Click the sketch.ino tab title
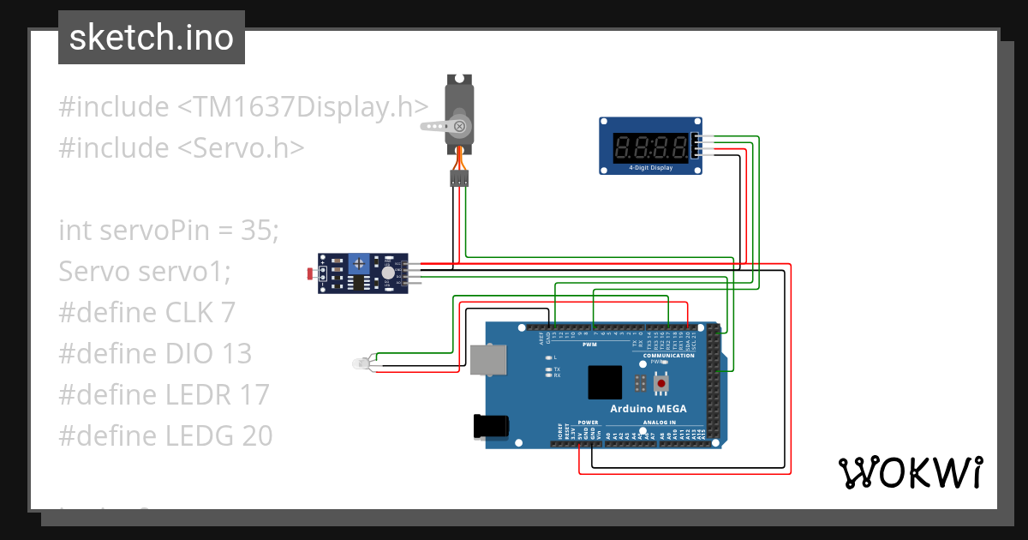(151, 38)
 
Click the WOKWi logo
(910, 472)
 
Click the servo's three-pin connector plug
(459, 178)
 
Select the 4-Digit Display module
(648, 147)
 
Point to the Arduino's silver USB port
(487, 358)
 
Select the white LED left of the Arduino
(361, 364)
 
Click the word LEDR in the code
(199, 395)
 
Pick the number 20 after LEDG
(255, 436)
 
